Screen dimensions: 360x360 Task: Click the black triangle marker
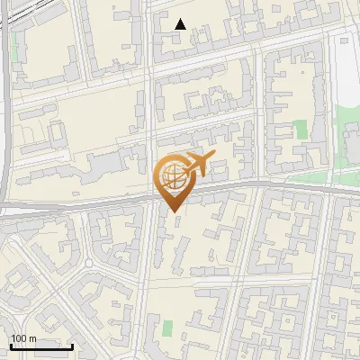point(180,24)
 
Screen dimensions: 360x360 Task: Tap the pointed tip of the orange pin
point(172,212)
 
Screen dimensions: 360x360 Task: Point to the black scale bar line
point(41,346)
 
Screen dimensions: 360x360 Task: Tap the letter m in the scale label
point(33,338)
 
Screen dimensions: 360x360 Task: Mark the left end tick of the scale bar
point(11,346)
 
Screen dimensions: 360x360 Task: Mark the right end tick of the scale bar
point(72,346)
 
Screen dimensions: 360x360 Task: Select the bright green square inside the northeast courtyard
point(301,129)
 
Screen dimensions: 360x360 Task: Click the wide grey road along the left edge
point(4,135)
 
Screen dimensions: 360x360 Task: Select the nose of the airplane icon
point(212,157)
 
